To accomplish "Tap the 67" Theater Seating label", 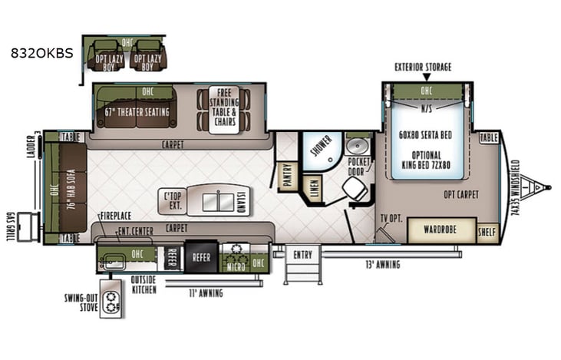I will pos(137,110).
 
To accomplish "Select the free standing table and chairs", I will pos(223,111).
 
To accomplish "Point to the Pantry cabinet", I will pos(288,176).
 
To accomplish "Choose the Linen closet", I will pos(312,187).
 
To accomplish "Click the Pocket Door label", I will pos(358,167).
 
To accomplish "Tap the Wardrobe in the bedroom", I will pos(440,230).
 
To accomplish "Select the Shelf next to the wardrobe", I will pos(487,232).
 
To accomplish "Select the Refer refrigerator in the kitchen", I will pos(201,259).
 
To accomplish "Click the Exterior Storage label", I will pos(423,68).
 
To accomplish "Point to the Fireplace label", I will pos(116,218).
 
